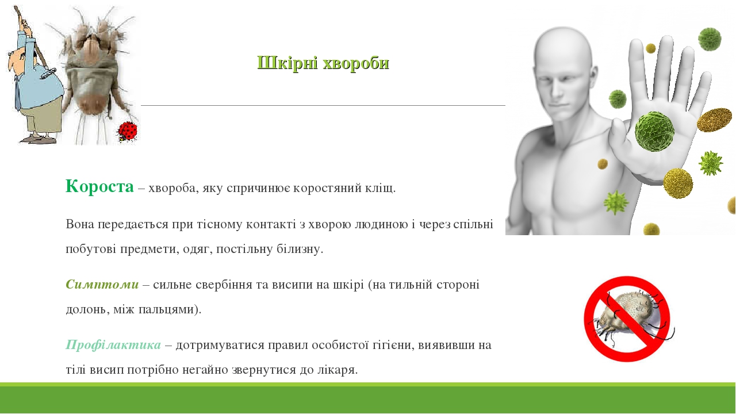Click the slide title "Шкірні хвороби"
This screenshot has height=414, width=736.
[x=323, y=63]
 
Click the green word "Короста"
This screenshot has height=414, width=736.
[x=99, y=186]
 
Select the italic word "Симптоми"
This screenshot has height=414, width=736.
[x=102, y=284]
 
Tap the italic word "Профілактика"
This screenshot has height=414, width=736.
[x=113, y=344]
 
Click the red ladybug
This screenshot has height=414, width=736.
[x=128, y=132]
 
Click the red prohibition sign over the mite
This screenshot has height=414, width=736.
[x=627, y=319]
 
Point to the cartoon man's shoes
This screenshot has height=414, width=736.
[x=37, y=139]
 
